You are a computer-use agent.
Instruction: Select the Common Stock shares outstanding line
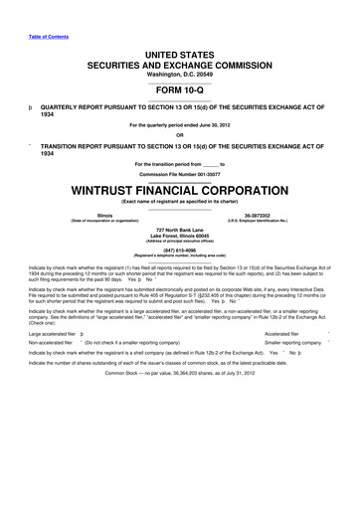click(180, 400)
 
